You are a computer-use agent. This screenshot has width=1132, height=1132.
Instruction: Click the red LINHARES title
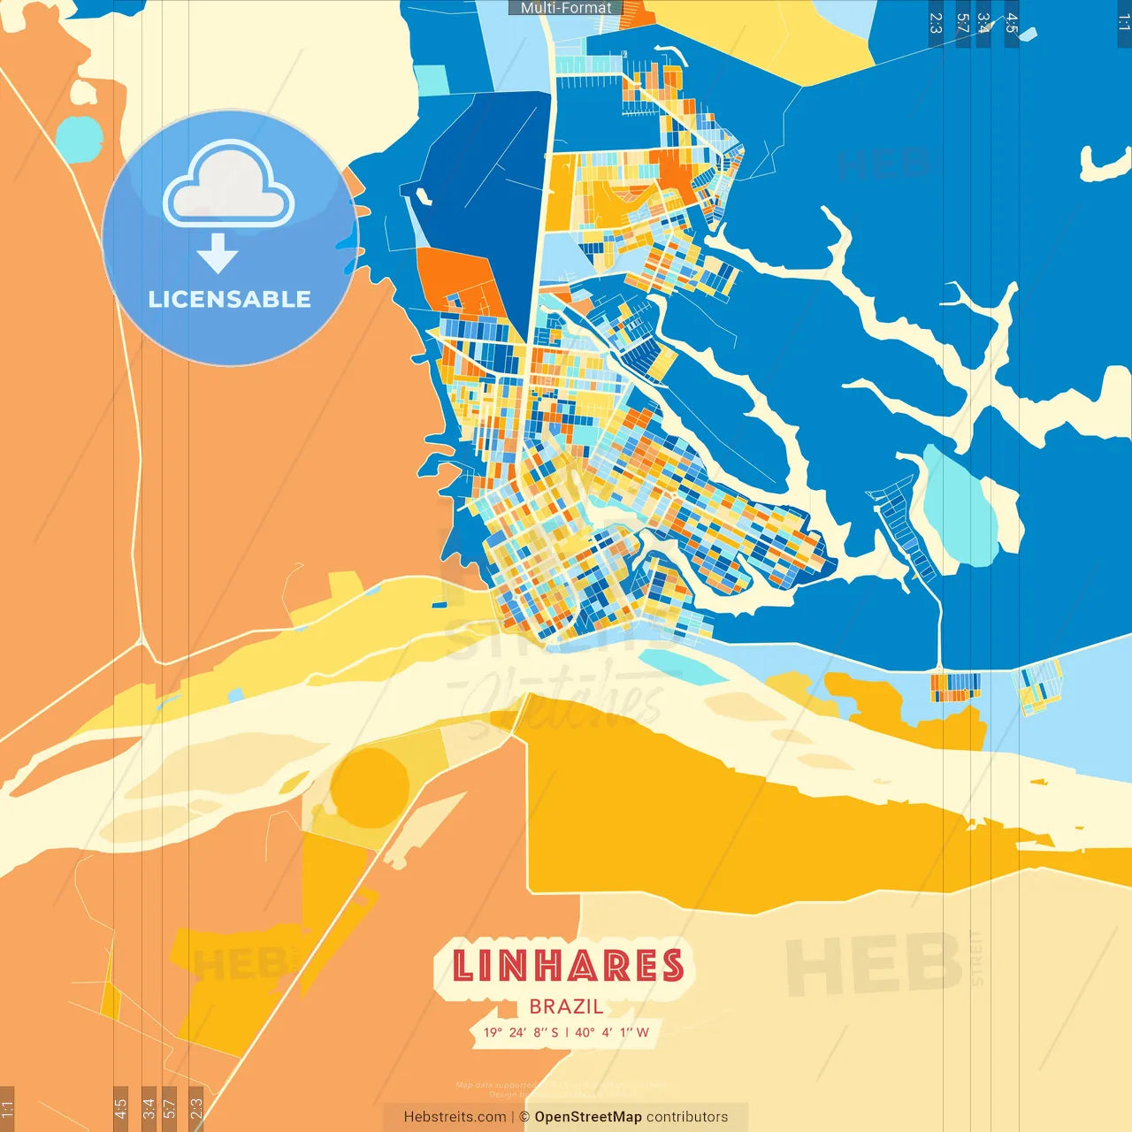tap(568, 966)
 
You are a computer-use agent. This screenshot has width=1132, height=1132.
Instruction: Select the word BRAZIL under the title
tap(566, 1006)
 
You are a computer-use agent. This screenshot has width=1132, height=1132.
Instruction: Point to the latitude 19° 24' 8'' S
tap(521, 1032)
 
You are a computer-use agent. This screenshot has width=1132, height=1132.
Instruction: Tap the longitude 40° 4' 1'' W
tap(612, 1032)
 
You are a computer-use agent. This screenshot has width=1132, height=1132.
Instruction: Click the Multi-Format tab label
tap(566, 8)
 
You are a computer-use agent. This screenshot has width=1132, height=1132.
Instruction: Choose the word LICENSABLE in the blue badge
tap(230, 299)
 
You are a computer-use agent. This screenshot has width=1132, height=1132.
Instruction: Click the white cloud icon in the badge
tap(229, 186)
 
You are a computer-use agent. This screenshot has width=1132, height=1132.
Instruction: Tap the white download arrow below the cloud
tap(218, 254)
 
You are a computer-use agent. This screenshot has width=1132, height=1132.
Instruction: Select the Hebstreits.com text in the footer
tap(455, 1117)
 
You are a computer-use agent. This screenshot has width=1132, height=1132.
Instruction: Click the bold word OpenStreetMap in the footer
tap(587, 1117)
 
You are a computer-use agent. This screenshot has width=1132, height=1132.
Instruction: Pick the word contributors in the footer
tap(687, 1117)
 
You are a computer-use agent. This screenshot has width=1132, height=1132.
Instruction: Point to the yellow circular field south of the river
tap(370, 787)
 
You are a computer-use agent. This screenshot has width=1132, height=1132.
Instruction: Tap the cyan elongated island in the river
tap(681, 667)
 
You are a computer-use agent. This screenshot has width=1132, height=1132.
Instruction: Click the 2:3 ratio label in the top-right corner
tap(936, 23)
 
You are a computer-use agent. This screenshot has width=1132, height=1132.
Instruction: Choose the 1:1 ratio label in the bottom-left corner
tap(7, 1108)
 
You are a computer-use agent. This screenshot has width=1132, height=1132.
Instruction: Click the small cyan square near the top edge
tap(432, 80)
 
